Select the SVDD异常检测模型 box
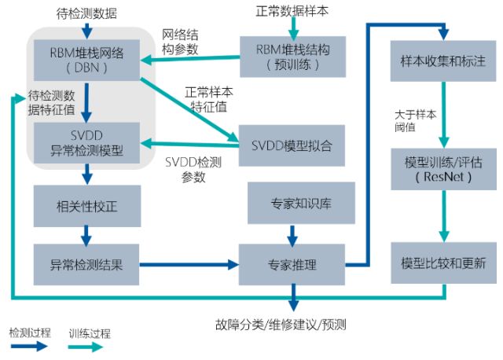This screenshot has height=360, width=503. click(x=87, y=138)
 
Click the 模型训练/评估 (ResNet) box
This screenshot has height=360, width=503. click(x=444, y=169)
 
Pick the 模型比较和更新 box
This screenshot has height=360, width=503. click(x=444, y=263)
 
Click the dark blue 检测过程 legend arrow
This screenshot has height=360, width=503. click(x=31, y=347)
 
